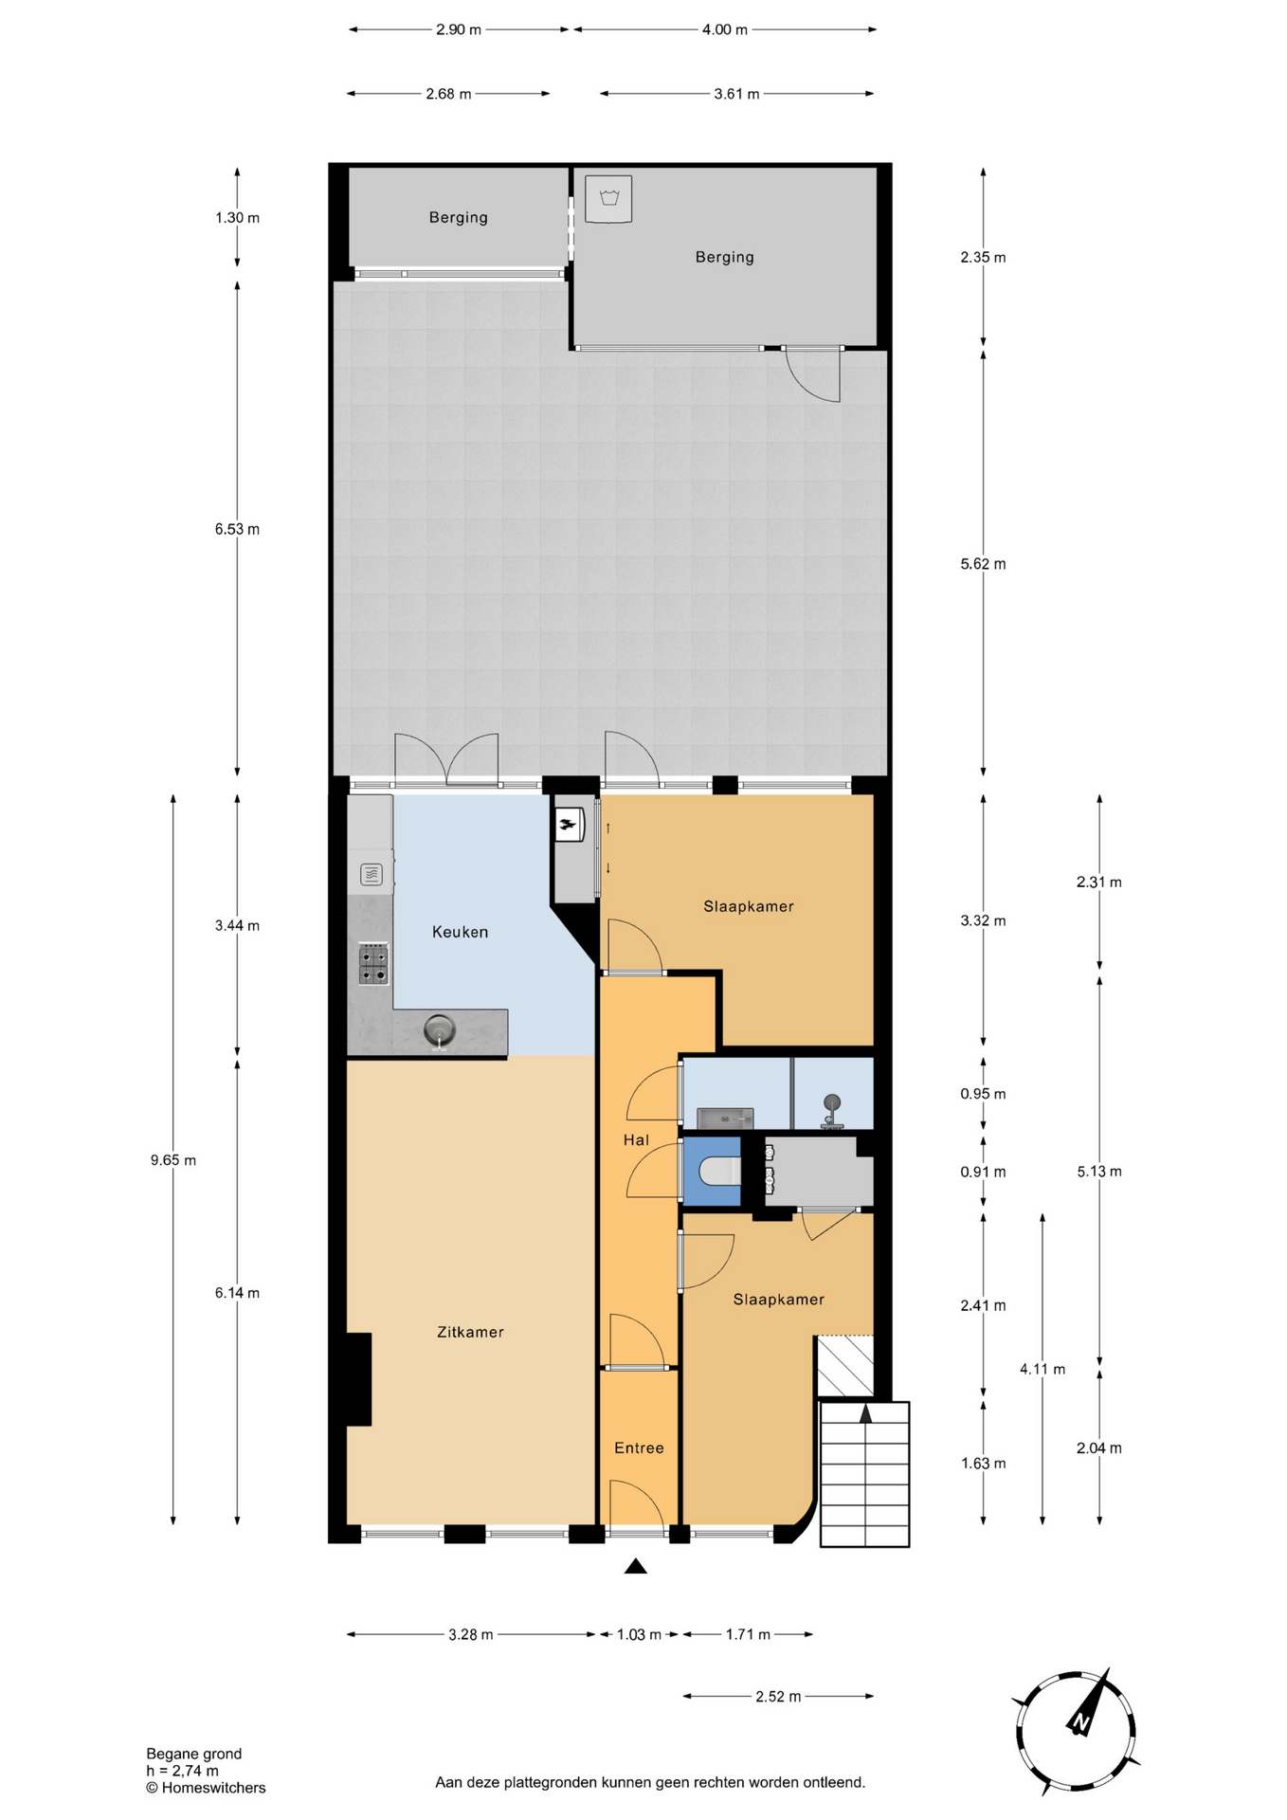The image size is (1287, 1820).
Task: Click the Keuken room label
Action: point(460,932)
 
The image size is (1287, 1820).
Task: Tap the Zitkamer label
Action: point(470,1332)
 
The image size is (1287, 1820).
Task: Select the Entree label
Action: point(639,1447)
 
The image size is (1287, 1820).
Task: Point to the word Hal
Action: point(636,1139)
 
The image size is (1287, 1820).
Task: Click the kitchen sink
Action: point(439,1029)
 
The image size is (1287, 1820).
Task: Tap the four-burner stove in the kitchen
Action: point(373,964)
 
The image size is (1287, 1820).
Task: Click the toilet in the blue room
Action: point(719,1173)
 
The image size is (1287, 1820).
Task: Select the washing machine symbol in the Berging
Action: point(608,199)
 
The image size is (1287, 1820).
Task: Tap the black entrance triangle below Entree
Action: point(636,1566)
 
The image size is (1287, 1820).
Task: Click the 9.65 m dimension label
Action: point(173,1159)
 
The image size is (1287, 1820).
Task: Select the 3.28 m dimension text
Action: point(471,1634)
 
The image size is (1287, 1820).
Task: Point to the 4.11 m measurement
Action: point(1042,1369)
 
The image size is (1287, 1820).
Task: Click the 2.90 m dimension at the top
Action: point(459,29)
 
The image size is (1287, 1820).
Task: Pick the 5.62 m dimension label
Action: point(983,564)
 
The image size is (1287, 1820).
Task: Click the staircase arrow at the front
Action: point(865,1413)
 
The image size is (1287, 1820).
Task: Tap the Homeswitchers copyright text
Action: point(206,1788)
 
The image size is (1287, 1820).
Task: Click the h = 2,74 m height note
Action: point(182,1771)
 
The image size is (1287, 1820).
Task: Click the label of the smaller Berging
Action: point(459,217)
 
